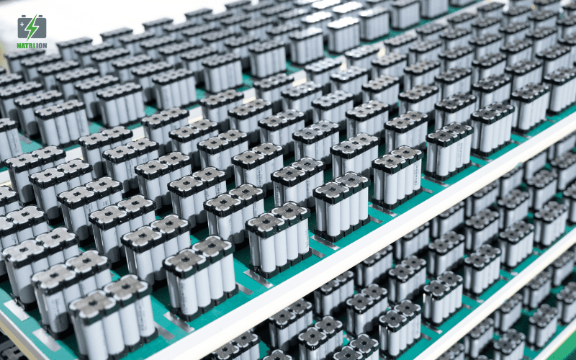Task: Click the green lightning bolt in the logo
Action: pyautogui.click(x=32, y=27)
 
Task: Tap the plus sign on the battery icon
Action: pyautogui.click(x=22, y=24)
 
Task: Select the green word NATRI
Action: pyautogui.click(x=26, y=46)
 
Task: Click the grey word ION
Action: pyautogui.click(x=42, y=46)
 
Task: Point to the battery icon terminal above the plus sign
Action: pyautogui.click(x=23, y=17)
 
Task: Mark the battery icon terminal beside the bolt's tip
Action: pyautogui.click(x=42, y=17)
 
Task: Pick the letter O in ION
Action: pyautogui.click(x=41, y=46)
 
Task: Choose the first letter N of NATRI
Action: pyautogui.click(x=19, y=46)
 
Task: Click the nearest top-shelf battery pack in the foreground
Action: pyautogui.click(x=112, y=320)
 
